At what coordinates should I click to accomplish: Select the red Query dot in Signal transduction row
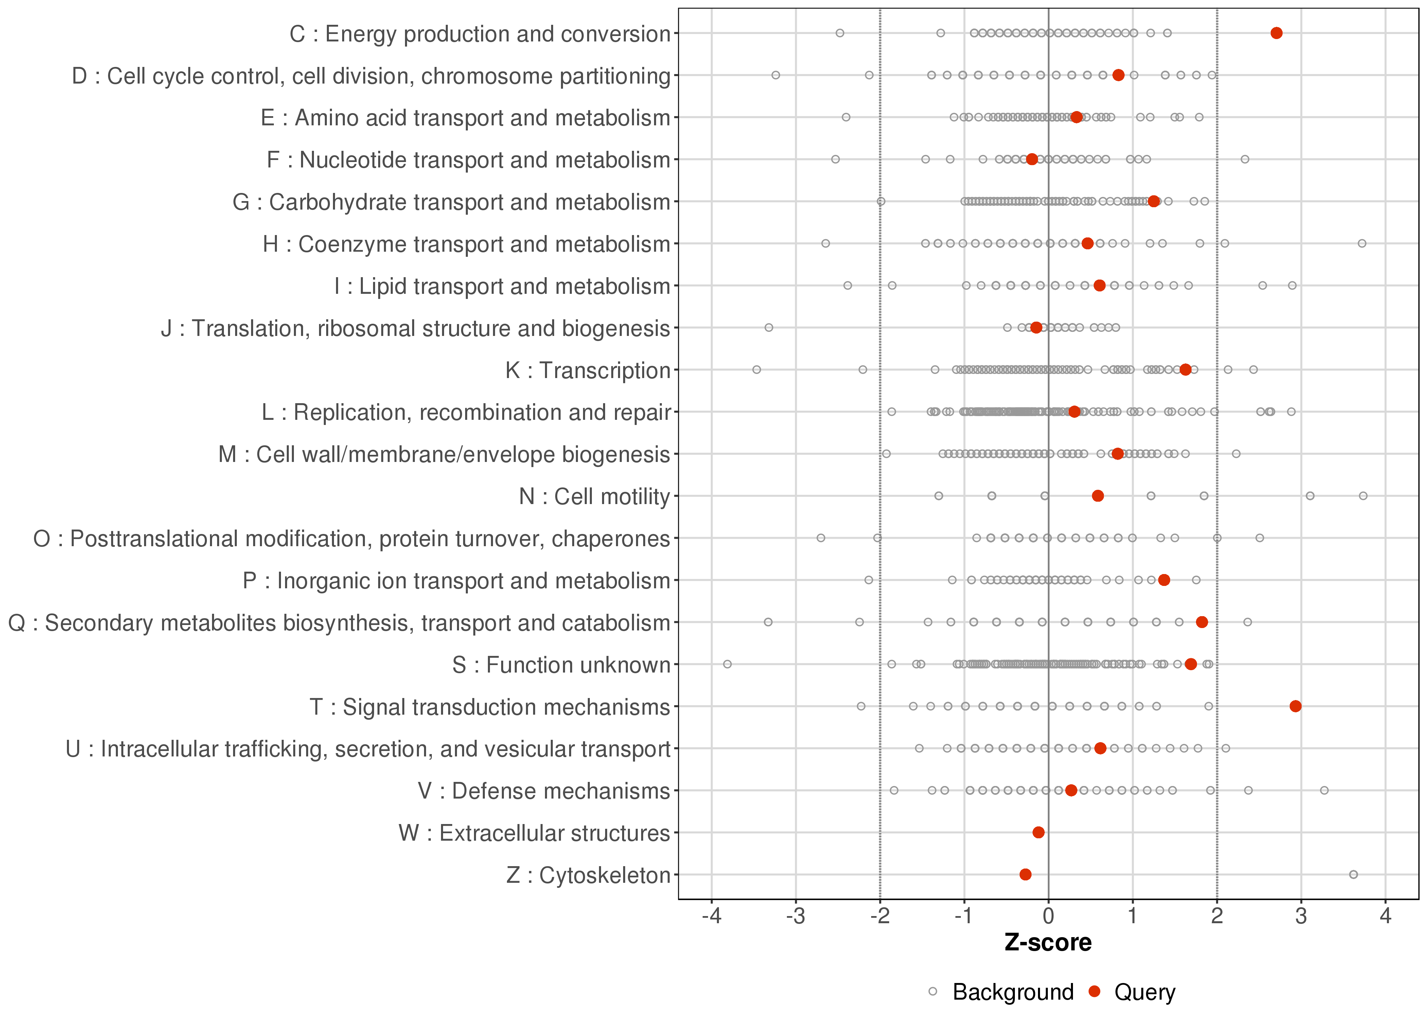(1295, 707)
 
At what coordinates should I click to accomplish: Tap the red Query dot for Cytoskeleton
(1025, 875)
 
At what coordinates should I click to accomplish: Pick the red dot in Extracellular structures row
(1039, 833)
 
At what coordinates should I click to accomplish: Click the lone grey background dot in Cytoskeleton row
(1354, 875)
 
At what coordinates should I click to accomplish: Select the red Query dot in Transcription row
(1185, 370)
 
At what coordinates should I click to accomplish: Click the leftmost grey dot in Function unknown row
(727, 664)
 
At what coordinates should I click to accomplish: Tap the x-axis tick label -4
(711, 917)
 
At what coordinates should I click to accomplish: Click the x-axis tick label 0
(1049, 917)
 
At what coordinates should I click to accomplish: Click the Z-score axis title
(1048, 943)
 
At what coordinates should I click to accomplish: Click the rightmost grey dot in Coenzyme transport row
(1362, 244)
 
